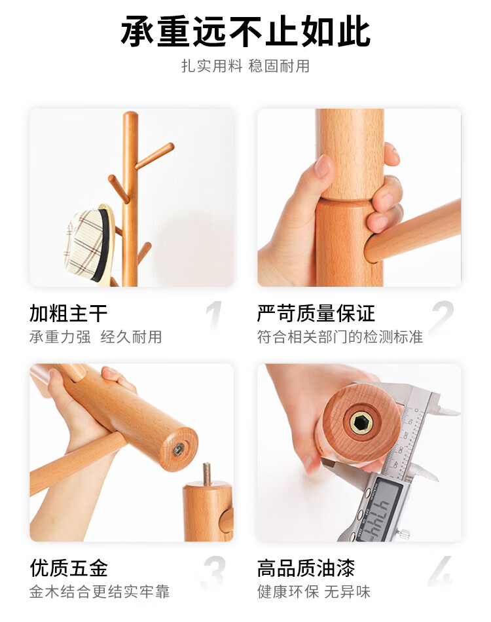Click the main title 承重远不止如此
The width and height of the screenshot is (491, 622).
pos(245,31)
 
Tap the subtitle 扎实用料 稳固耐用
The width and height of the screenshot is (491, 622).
pos(245,66)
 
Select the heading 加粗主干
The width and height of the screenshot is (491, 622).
pos(68,313)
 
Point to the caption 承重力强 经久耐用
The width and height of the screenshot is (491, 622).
pos(96,337)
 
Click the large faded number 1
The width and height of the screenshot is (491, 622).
pos(215,316)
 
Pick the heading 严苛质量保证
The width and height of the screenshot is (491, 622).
pos(316,313)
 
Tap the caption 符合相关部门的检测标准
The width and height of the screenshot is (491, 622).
pos(340,337)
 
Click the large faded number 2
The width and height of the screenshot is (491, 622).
pos(442,316)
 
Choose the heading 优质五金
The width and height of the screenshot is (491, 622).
pos(69,568)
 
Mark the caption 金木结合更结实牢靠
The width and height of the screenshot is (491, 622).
pos(100,592)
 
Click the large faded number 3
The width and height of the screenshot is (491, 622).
pos(214,571)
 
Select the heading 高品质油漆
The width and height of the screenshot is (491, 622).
pos(306,568)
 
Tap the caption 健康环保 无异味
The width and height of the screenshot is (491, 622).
pos(314,592)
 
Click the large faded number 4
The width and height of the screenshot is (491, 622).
pos(440,571)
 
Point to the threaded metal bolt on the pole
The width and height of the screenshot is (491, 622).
pos(207,473)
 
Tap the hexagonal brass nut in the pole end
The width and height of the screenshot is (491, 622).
pos(361,421)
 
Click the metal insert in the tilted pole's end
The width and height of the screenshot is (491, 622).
pos(178,449)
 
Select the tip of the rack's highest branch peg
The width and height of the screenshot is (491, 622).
pos(171,147)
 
